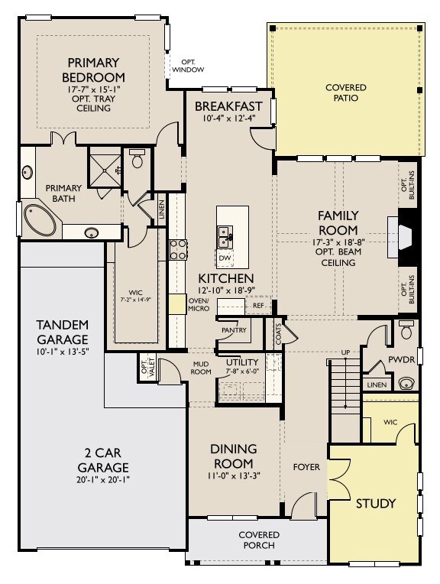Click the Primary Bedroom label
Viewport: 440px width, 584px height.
pyautogui.click(x=93, y=70)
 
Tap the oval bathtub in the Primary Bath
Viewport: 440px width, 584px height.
pyautogui.click(x=40, y=220)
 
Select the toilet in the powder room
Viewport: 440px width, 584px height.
pyautogui.click(x=406, y=329)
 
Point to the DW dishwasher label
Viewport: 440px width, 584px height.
pyautogui.click(x=225, y=258)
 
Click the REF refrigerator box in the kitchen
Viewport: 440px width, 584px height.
pyautogui.click(x=258, y=306)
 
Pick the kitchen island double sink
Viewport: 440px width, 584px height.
pyautogui.click(x=225, y=237)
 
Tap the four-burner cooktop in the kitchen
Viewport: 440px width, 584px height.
pyautogui.click(x=178, y=249)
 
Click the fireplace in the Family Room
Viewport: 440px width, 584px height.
pyautogui.click(x=404, y=237)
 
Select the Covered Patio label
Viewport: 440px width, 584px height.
pyautogui.click(x=346, y=92)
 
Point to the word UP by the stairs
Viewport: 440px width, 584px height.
pyautogui.click(x=345, y=352)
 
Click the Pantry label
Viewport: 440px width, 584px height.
pyautogui.click(x=234, y=330)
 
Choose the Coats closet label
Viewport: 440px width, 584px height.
pyautogui.click(x=279, y=334)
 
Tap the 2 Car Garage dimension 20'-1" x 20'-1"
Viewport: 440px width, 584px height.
pyautogui.click(x=102, y=479)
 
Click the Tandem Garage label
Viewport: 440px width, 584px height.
pyautogui.click(x=63, y=333)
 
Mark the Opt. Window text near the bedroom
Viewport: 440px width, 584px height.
pyautogui.click(x=188, y=66)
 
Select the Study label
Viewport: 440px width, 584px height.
pyautogui.click(x=375, y=504)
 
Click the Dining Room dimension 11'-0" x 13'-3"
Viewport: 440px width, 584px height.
pyautogui.click(x=234, y=475)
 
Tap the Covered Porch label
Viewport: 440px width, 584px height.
pyautogui.click(x=259, y=540)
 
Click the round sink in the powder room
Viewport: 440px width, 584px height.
pyautogui.click(x=406, y=383)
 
